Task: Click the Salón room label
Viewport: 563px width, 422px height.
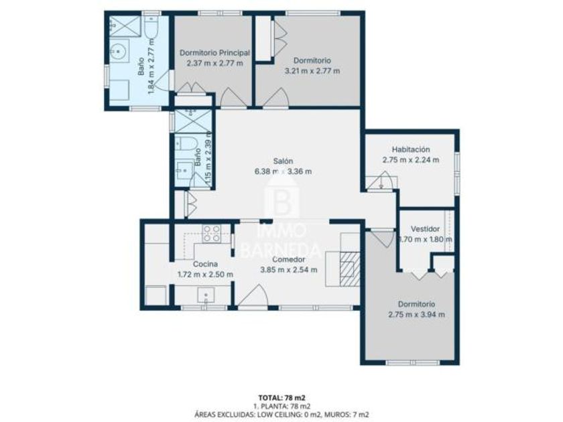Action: point(283,161)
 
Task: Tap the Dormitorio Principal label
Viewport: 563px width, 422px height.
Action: point(214,53)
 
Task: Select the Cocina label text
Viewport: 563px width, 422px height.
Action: point(205,264)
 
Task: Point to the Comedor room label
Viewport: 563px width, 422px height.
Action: point(289,259)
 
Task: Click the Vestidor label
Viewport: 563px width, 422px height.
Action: point(425,229)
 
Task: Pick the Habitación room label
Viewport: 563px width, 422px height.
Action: point(411,149)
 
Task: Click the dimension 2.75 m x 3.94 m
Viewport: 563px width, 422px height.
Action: point(416,315)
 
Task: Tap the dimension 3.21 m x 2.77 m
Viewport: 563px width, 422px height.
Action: point(312,71)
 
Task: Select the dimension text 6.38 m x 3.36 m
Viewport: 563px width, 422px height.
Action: point(283,171)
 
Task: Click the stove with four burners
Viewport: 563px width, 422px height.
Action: point(212,233)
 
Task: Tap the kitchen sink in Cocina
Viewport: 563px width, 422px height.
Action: point(206,295)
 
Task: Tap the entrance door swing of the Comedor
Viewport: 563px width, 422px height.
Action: point(253,295)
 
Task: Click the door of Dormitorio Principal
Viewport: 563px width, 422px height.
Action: point(233,97)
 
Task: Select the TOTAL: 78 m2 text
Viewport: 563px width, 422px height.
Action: point(282,398)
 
